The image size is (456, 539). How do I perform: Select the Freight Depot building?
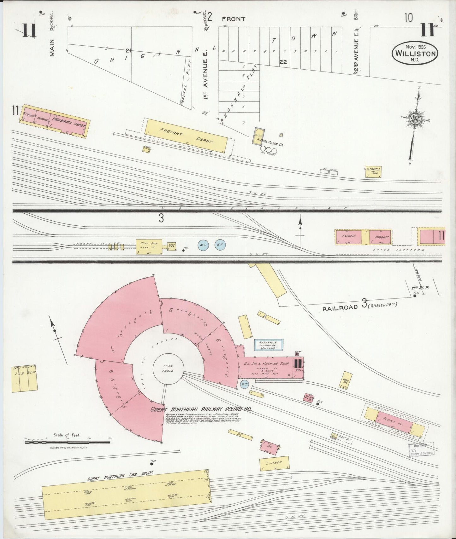[186, 136]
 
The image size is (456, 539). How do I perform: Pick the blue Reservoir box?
[269, 345]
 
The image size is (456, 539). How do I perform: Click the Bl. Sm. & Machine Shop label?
[267, 363]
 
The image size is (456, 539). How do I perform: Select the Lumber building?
[274, 463]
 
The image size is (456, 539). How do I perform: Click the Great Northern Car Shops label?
[120, 476]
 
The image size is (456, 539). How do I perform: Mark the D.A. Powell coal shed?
[374, 171]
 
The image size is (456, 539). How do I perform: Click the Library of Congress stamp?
[421, 449]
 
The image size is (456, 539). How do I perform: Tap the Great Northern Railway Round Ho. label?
[201, 409]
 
